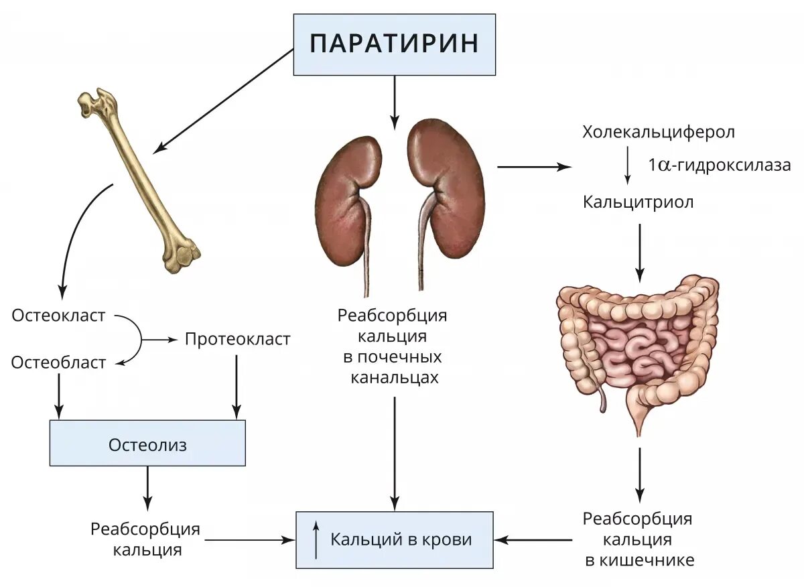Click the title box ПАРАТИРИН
pyautogui.click(x=394, y=44)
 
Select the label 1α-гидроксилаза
pyautogui.click(x=719, y=166)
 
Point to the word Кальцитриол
pyautogui.click(x=638, y=202)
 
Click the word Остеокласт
pyautogui.click(x=59, y=316)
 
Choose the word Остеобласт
pyautogui.click(x=59, y=363)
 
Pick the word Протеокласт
pyautogui.click(x=238, y=339)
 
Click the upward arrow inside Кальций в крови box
pyautogui.click(x=316, y=539)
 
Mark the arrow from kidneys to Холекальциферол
pyautogui.click(x=533, y=167)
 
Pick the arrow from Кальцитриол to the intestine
pyautogui.click(x=640, y=251)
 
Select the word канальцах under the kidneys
pyautogui.click(x=395, y=377)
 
